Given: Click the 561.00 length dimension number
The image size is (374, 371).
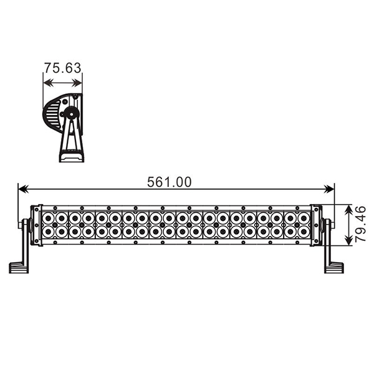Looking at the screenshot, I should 169,182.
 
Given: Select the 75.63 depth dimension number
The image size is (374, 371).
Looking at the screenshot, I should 62,68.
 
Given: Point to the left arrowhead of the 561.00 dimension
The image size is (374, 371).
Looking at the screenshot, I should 21,187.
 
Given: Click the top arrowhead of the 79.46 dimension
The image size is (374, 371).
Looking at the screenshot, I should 349,207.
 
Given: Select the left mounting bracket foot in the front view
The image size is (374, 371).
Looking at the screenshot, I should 18,268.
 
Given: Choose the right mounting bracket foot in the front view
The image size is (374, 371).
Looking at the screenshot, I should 333,268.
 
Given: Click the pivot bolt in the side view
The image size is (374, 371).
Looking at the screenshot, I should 72,114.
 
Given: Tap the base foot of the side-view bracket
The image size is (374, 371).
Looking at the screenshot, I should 70,157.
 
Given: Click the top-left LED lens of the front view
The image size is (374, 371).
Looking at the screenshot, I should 48,218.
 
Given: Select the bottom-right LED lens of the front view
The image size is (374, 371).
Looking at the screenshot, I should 304,232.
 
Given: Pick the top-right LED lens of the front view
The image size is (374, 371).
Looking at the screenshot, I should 304,218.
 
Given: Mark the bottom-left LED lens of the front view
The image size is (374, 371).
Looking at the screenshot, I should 48,232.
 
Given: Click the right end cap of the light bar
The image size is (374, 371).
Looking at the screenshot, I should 316,225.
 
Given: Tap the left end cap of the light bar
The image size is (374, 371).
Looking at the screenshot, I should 36,225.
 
